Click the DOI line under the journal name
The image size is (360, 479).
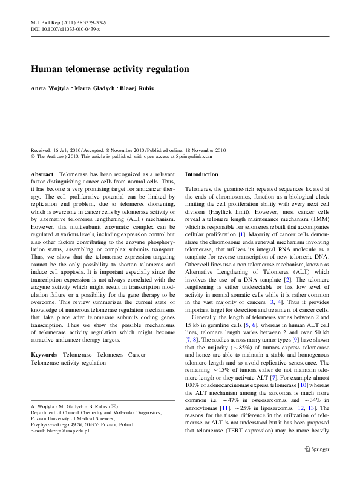[x=65, y=28]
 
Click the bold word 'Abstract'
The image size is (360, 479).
[x=41, y=174]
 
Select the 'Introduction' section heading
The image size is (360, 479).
[x=205, y=174]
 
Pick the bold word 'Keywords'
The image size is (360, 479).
[x=44, y=353]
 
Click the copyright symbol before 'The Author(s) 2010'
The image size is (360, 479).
[x=33, y=156]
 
